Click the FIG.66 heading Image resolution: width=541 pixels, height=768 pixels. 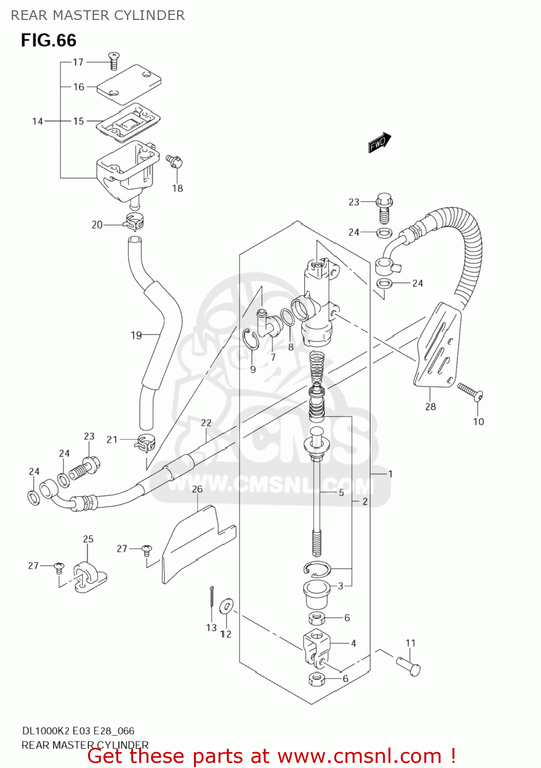tap(49, 40)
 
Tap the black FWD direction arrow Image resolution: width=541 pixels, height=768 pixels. tap(379, 142)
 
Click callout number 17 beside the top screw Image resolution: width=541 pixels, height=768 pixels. tap(78, 62)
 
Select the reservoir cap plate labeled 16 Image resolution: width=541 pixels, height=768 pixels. tap(129, 83)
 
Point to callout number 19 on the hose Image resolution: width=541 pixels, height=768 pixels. tap(136, 335)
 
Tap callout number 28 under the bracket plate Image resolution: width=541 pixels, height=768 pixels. tap(430, 407)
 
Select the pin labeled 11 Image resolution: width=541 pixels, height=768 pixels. tap(409, 666)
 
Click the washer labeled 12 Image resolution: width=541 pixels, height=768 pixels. tap(226, 606)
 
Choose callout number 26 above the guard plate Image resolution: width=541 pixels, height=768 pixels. tap(197, 489)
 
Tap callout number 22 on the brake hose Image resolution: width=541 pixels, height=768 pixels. tap(206, 423)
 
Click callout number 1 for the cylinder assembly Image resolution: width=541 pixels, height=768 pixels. tap(390, 474)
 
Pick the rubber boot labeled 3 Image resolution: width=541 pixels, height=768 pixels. tap(317, 594)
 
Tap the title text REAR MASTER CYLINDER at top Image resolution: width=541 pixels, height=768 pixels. tap(98, 15)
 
